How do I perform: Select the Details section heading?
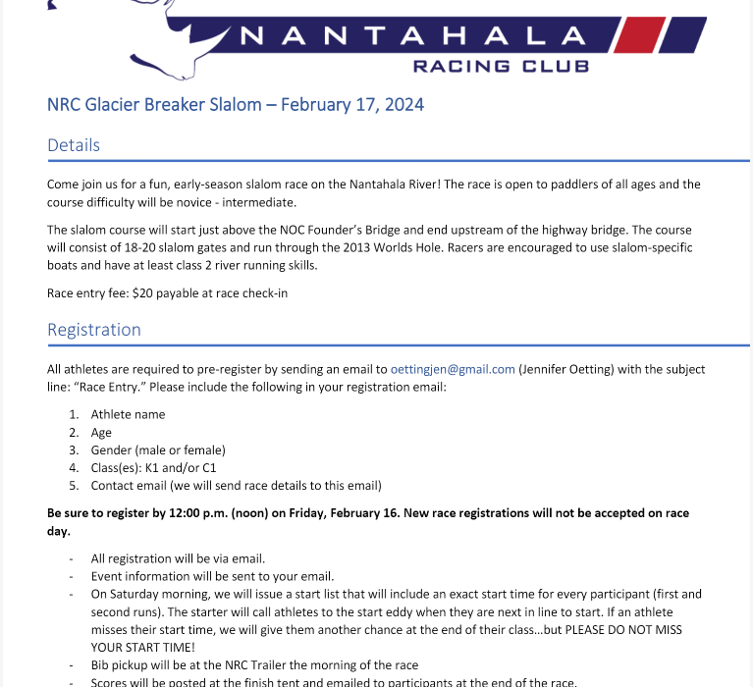(74, 145)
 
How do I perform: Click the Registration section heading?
(94, 330)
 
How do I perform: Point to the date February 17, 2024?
(352, 104)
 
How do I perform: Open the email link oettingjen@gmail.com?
(453, 369)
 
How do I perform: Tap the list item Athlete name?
(128, 414)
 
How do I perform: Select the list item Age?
(101, 432)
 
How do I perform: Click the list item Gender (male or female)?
(158, 449)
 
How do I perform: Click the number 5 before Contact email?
(73, 485)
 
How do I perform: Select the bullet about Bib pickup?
(254, 664)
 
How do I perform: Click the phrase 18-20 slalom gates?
(166, 247)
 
